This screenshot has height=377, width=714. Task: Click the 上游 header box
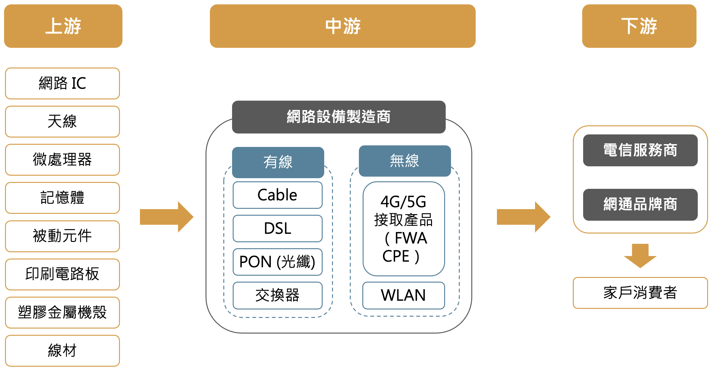63,26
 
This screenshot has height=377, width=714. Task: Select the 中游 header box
343,26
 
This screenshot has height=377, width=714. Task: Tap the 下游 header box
639,26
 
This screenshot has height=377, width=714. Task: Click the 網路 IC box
62,83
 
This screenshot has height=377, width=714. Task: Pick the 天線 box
62,122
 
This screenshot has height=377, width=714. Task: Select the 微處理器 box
62,160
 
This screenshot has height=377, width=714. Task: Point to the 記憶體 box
62,198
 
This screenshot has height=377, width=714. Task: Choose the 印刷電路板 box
62,274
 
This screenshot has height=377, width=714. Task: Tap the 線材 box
62,350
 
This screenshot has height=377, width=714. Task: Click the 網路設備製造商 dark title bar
339,117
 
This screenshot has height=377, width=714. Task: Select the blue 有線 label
278,162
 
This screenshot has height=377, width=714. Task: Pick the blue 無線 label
405,161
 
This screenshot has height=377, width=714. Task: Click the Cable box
277,195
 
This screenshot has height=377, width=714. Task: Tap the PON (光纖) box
277,262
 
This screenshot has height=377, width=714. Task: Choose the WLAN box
404,295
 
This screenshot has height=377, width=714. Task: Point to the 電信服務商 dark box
640,150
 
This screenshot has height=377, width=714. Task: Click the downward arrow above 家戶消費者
640,255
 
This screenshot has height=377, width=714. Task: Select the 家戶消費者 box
640,293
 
